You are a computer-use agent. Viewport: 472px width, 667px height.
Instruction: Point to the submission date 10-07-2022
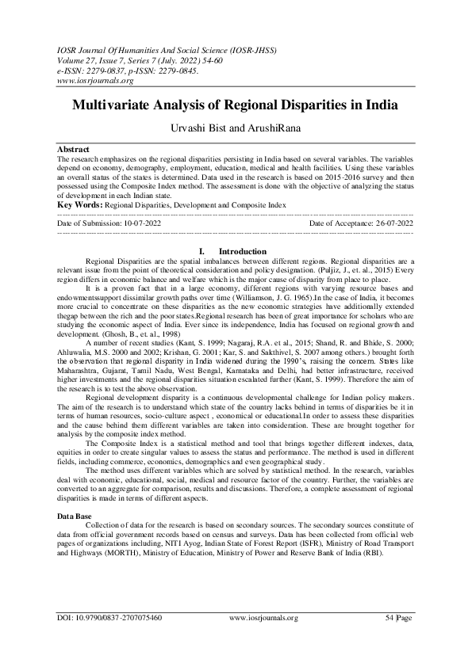[142, 224]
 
